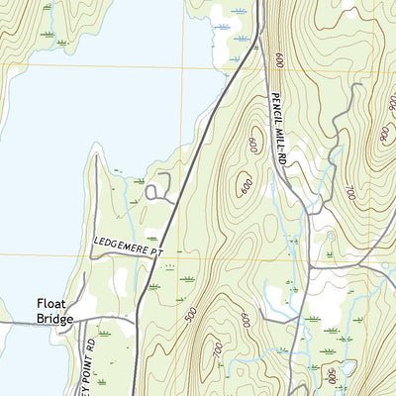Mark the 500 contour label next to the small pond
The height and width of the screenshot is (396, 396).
(x=332, y=374)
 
